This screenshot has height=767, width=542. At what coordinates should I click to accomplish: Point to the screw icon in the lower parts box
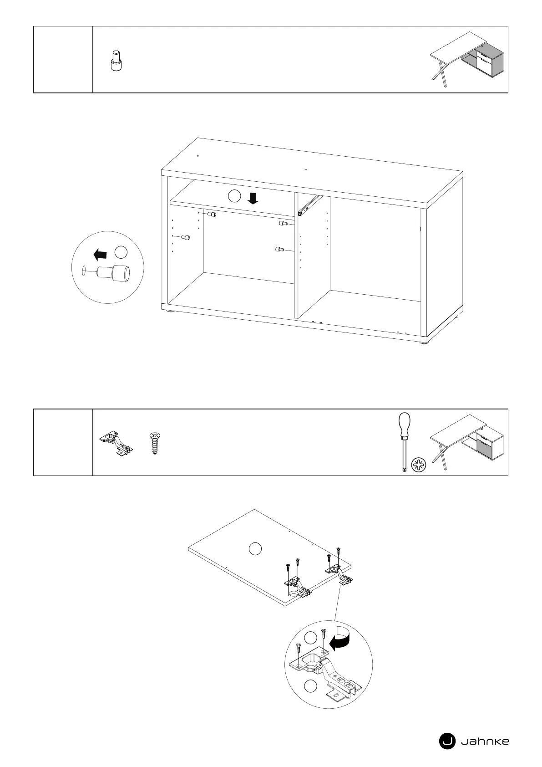pyautogui.click(x=155, y=444)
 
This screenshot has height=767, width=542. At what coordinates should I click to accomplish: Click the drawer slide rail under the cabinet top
pyautogui.click(x=308, y=205)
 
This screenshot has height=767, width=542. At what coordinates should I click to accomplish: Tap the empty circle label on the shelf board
pyautogui.click(x=233, y=196)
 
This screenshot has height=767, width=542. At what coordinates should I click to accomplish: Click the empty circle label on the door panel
pyautogui.click(x=255, y=548)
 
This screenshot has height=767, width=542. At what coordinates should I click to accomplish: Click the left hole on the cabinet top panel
pyautogui.click(x=198, y=156)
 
